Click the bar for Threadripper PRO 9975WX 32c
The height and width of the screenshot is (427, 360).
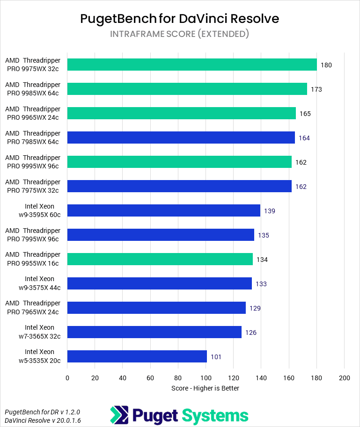click(x=192, y=65)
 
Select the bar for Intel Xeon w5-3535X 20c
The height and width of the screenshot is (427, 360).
click(x=137, y=356)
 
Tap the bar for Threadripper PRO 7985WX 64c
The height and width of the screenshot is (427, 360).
click(x=181, y=138)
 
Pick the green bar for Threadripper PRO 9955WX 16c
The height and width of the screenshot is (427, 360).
click(x=160, y=259)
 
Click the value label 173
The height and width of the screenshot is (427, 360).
click(x=316, y=89)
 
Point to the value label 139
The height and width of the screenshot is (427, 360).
click(x=269, y=211)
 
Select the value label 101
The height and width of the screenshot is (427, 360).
click(x=216, y=357)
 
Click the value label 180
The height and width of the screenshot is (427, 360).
click(x=326, y=65)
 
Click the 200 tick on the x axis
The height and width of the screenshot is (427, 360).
click(x=344, y=377)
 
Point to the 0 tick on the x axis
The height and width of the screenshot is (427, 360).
click(x=67, y=377)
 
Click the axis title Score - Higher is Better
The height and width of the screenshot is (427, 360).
click(x=206, y=388)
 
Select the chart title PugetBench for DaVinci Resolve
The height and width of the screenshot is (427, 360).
click(x=180, y=19)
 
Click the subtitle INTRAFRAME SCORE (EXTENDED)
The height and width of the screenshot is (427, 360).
click(x=180, y=34)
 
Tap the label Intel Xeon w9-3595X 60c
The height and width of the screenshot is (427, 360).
click(x=40, y=210)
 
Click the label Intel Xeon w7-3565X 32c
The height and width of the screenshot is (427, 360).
click(x=40, y=332)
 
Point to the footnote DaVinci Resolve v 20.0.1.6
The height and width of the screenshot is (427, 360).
click(x=42, y=420)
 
